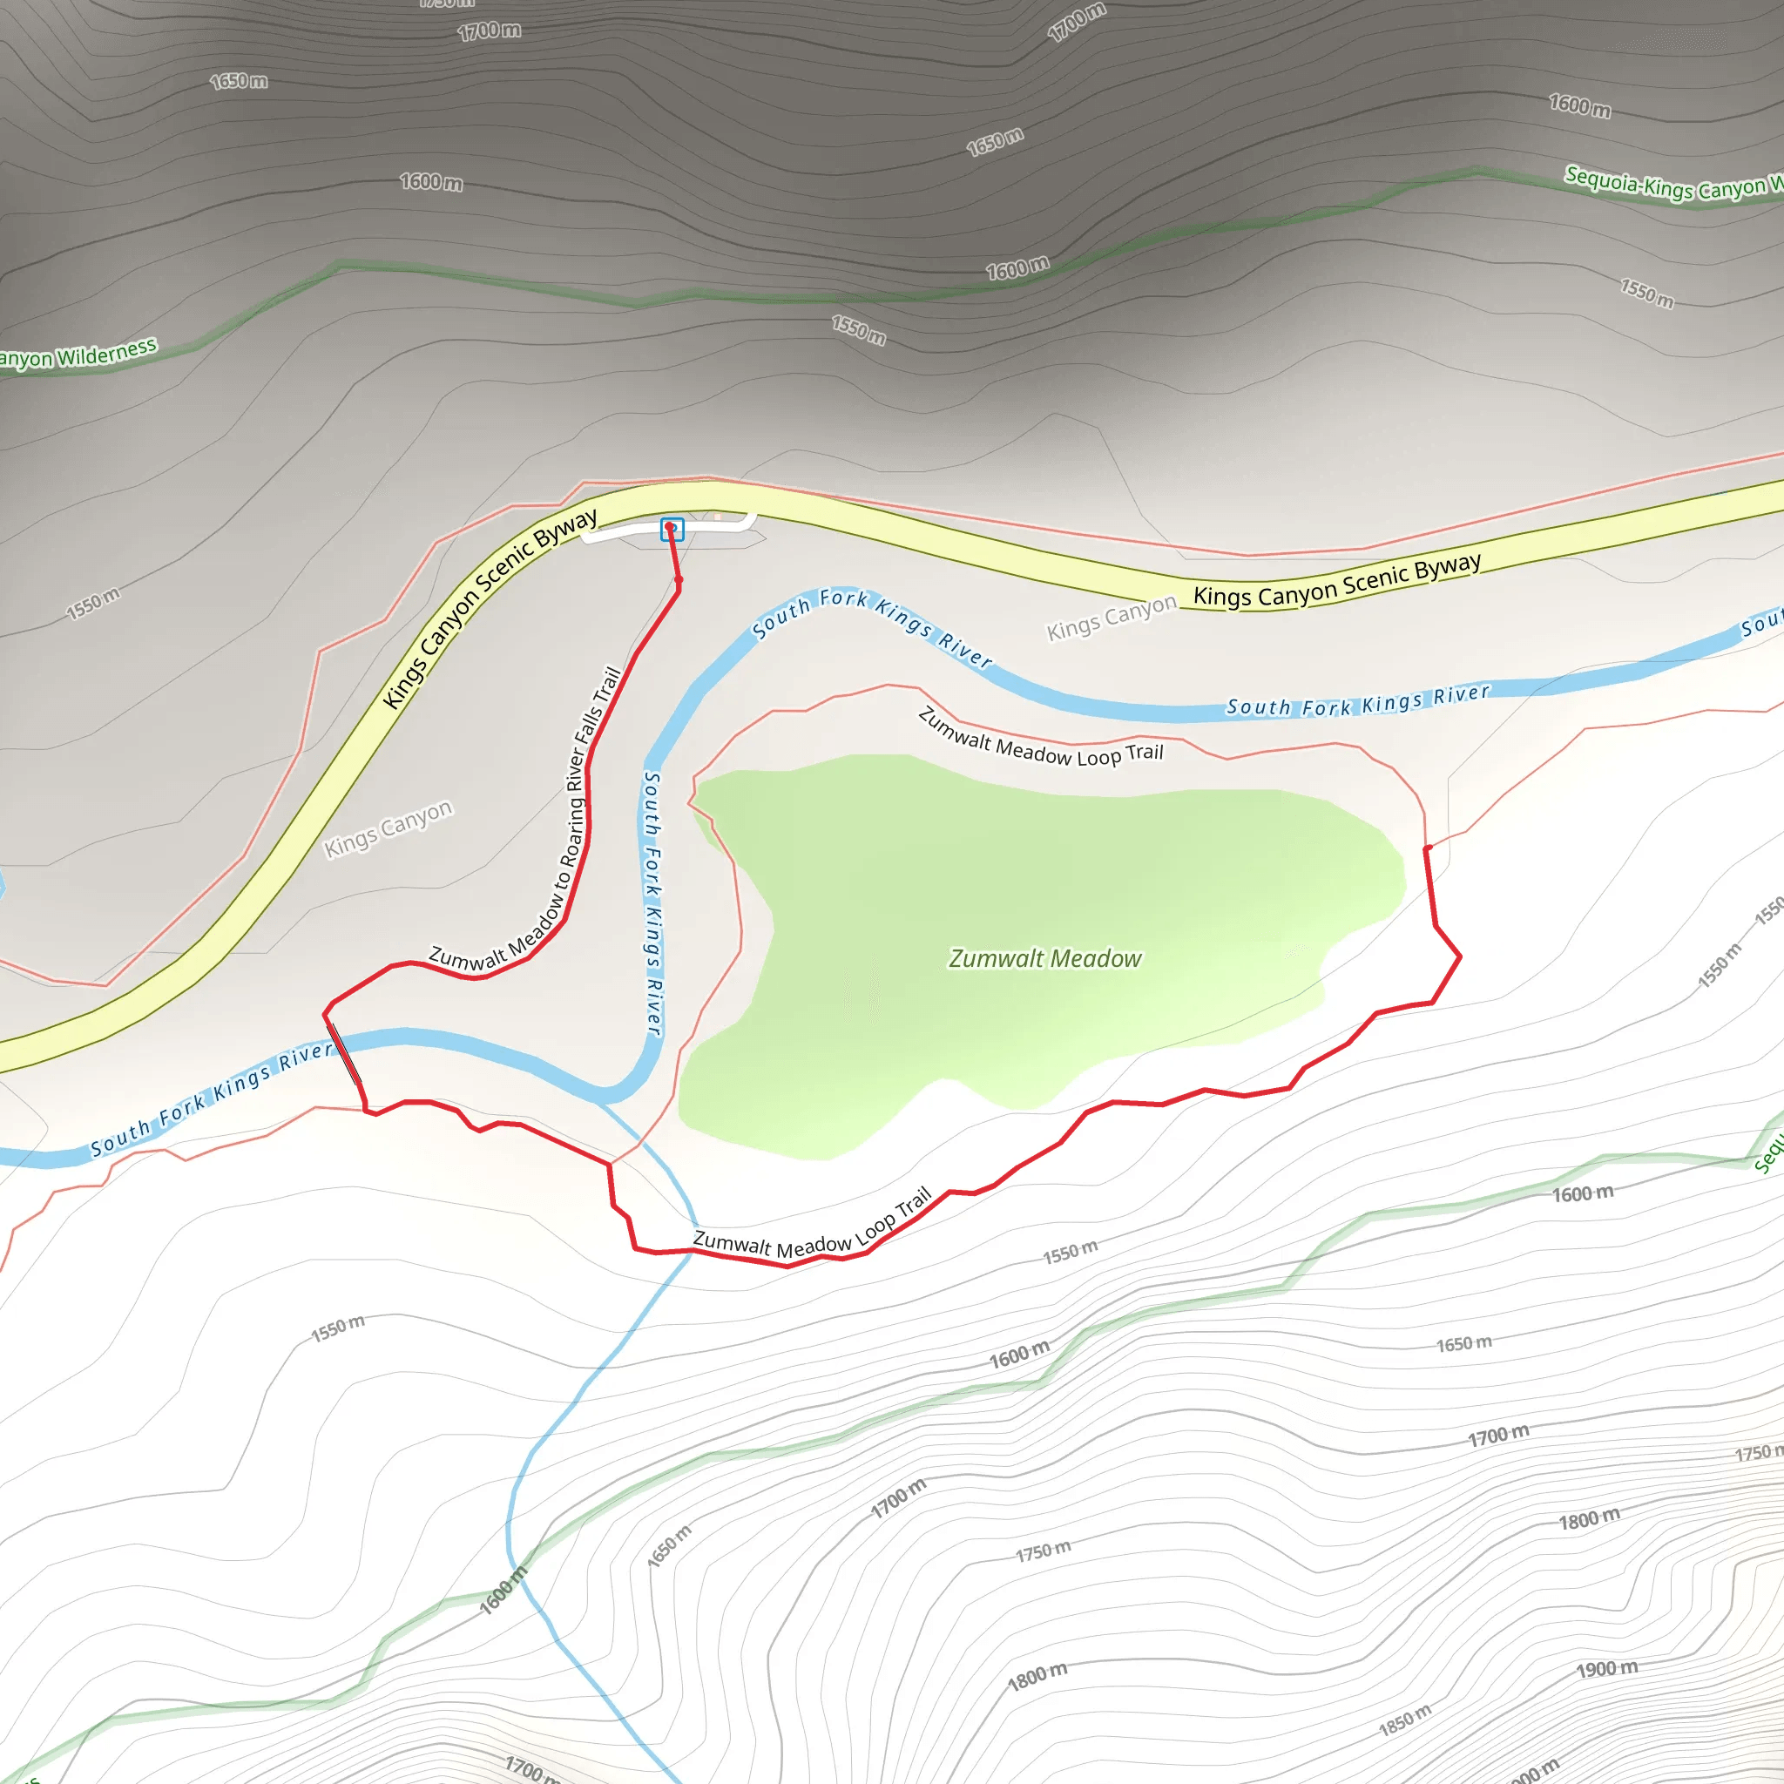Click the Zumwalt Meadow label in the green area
tap(1045, 958)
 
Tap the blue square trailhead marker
tap(672, 529)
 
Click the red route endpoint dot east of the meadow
tap(1428, 848)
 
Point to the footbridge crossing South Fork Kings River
tap(344, 1052)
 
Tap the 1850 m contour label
tap(1404, 1720)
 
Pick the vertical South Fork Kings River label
tap(652, 903)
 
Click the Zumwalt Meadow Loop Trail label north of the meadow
tap(1041, 739)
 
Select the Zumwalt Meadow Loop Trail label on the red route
tap(813, 1232)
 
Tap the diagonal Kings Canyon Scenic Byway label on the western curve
tap(490, 608)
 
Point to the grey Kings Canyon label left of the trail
tap(388, 828)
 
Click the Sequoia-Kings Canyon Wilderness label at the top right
tap(1672, 184)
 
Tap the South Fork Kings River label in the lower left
tap(211, 1098)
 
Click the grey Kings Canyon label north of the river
tap(1112, 617)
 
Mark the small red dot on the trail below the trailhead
tap(679, 580)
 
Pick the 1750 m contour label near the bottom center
tap(1044, 1551)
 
